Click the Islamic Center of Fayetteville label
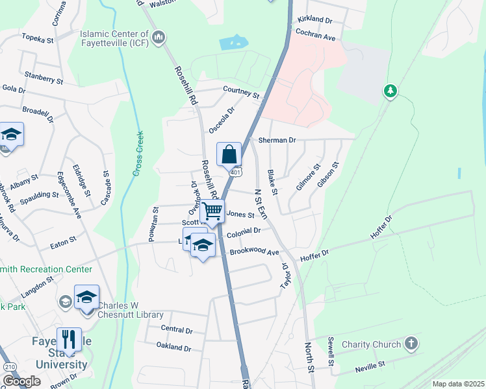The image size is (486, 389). tap(114, 39)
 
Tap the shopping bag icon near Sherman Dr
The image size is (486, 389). tap(229, 154)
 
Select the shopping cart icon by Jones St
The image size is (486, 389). tap(212, 211)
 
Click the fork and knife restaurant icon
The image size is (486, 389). tap(68, 339)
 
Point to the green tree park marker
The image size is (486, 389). tap(390, 91)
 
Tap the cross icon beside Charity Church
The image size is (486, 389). tap(411, 343)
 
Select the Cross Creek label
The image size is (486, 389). tap(138, 154)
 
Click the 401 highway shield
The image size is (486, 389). tap(236, 172)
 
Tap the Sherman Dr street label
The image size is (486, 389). tap(277, 140)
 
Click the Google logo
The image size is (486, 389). tap(21, 381)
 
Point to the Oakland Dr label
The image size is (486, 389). tap(173, 348)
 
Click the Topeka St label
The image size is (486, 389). tap(37, 40)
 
